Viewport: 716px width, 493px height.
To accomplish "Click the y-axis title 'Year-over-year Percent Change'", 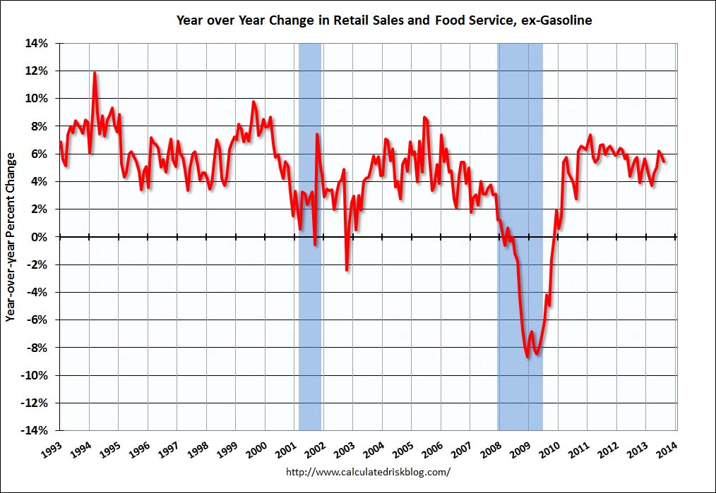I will [x=11, y=237].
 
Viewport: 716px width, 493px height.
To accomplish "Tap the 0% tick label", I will [x=41, y=237].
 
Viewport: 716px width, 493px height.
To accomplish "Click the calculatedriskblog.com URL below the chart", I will [x=368, y=471].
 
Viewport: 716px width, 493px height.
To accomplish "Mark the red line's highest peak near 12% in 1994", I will [x=95, y=73].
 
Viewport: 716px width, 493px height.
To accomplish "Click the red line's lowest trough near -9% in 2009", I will [x=527, y=358].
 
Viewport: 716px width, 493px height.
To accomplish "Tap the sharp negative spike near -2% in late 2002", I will [x=347, y=269].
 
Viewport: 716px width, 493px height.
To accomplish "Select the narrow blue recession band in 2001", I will [x=310, y=212].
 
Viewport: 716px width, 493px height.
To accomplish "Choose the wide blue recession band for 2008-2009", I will [x=520, y=176].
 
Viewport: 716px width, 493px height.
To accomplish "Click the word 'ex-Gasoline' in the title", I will [x=558, y=20].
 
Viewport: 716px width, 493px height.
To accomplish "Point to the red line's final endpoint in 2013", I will [x=664, y=162].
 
